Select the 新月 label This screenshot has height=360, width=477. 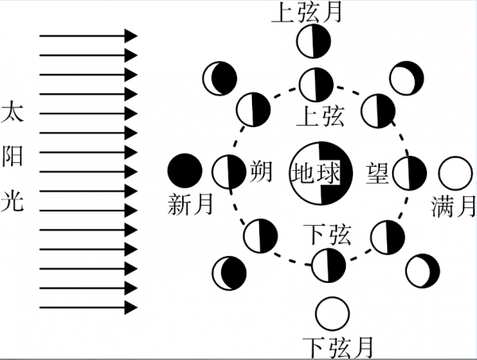point(191,204)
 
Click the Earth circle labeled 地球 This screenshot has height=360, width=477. point(316,172)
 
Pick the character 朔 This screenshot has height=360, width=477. point(261,171)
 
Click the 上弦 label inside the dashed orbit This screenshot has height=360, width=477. point(319,118)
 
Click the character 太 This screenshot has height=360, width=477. point(14,110)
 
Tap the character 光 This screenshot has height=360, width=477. point(14,199)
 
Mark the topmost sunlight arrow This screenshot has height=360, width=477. point(87,36)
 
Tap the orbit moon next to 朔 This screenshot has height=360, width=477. point(228,172)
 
